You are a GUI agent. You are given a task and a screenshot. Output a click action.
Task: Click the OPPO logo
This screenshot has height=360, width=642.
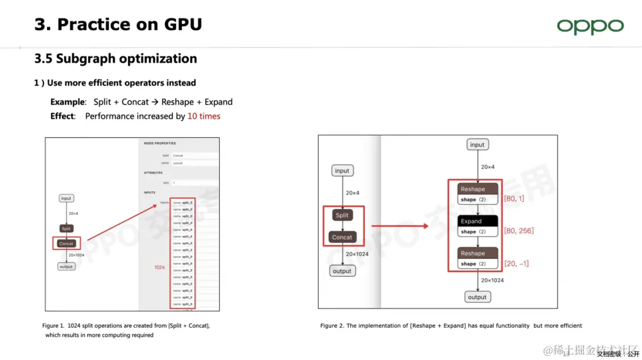[x=590, y=26]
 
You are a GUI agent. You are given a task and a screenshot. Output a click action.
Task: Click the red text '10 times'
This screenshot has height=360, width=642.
[x=204, y=116]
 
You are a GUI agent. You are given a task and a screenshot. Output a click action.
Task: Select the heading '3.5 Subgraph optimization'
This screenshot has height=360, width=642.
[x=116, y=59]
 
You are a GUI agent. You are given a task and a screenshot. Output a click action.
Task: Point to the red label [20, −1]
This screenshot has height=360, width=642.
[x=516, y=264]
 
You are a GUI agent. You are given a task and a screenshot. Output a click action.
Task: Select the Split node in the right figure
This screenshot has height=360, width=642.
[x=342, y=215]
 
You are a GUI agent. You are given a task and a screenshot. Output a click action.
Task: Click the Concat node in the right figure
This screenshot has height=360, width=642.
[x=342, y=237]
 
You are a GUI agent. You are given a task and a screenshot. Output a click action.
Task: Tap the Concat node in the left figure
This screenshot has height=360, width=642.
[x=66, y=244]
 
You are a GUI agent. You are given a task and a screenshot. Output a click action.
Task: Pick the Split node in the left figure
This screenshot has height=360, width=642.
[x=66, y=229]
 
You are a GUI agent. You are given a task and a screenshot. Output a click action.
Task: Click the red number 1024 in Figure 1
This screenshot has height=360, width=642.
[x=159, y=267]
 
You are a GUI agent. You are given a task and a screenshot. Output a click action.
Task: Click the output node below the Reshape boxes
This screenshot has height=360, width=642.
[x=477, y=297]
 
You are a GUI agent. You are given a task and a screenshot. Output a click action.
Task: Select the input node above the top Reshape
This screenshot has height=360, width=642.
[x=477, y=144]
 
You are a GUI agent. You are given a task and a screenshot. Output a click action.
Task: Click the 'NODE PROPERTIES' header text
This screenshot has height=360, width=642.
[x=160, y=143]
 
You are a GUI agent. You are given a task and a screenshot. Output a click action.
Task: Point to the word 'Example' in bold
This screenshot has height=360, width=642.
[x=68, y=102]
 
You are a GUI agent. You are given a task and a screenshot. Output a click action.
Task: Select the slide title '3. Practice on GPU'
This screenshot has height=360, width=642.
[x=118, y=24]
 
